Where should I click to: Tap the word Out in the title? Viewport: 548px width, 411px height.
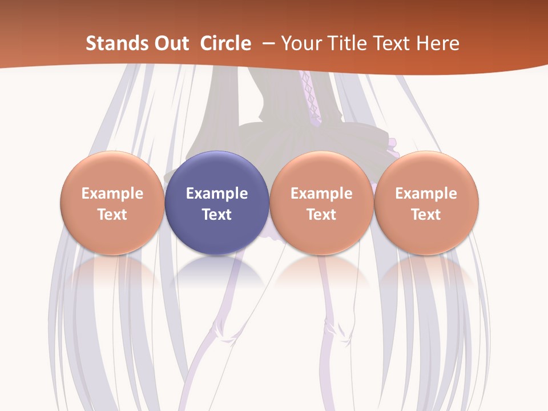(x=170, y=43)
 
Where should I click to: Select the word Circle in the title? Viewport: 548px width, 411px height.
(x=225, y=43)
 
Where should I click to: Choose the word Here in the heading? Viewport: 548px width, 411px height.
(x=439, y=43)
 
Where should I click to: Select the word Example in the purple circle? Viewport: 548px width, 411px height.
(x=217, y=194)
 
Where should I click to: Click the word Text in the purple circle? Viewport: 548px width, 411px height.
(x=217, y=215)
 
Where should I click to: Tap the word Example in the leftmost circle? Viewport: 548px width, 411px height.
(x=112, y=194)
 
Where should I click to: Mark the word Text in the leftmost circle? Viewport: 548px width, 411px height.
(x=112, y=215)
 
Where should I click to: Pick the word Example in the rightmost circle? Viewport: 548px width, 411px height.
(x=426, y=194)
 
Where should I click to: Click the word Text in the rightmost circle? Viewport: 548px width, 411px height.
(x=426, y=215)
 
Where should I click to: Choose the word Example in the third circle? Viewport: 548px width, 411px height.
(x=321, y=194)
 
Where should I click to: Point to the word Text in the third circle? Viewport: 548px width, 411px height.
(x=321, y=215)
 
